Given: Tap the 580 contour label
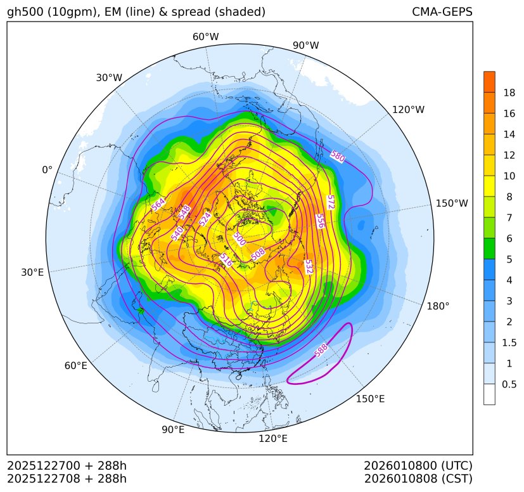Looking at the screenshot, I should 337,157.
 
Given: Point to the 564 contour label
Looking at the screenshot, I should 158,204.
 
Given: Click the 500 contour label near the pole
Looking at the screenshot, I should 239,238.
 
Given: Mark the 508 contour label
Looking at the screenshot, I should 258,254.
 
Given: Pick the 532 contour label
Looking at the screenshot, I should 309,266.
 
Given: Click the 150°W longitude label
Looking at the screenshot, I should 452,204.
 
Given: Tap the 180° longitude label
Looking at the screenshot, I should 438,306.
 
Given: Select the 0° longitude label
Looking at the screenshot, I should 47,170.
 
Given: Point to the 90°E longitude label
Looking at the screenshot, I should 173,430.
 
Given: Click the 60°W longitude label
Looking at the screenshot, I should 205,37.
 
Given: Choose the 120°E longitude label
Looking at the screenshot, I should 273,439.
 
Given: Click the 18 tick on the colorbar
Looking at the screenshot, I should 509,93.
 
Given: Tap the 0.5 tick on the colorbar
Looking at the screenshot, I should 509,384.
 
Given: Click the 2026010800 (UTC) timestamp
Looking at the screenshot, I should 418,466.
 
